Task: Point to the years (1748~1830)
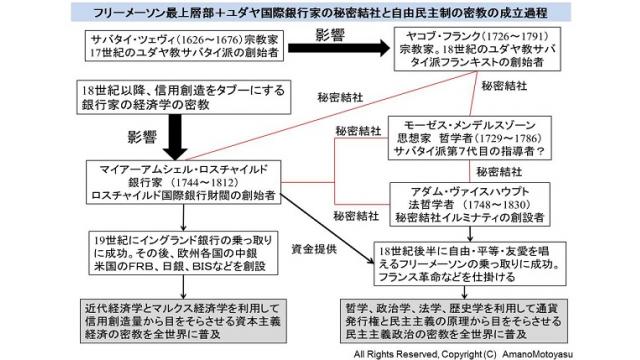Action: [x=485, y=203]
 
